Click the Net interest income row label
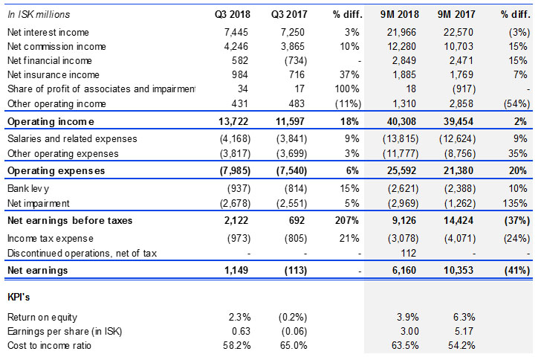click(x=48, y=33)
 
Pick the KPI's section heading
click(x=19, y=298)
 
